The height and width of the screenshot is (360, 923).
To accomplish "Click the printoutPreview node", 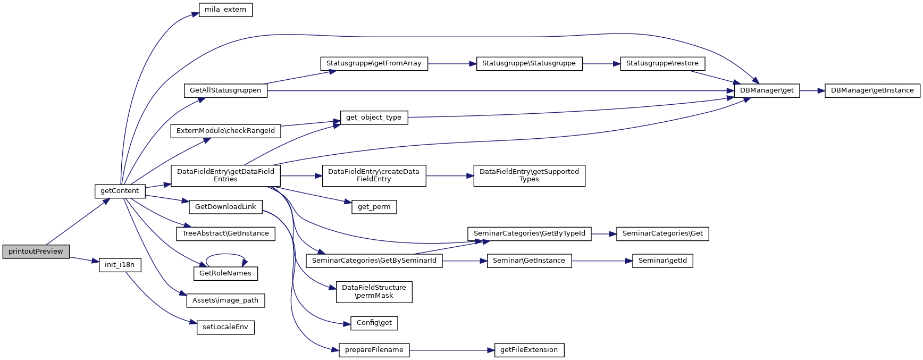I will point(36,252).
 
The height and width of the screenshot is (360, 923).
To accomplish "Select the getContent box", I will point(120,191).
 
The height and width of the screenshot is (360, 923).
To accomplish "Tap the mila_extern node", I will point(225,10).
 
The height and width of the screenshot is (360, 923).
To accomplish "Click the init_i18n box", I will point(120,265).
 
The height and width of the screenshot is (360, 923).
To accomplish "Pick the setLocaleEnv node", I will point(225,327).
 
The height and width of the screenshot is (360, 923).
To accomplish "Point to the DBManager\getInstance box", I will point(872,90).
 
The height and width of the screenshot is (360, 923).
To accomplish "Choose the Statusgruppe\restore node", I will point(662,63).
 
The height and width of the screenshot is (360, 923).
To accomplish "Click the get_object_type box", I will point(374,118).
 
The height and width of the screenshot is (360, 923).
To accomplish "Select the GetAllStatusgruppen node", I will point(225,90).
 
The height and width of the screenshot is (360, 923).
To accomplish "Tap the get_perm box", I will point(374,207).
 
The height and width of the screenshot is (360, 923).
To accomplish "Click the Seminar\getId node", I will point(662,261).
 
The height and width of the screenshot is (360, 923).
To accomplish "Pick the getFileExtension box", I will point(529,350).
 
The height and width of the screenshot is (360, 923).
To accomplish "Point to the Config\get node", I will point(374,323).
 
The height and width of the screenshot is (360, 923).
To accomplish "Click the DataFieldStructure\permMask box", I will point(374,292).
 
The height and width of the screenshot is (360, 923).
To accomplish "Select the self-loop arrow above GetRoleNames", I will point(225,255).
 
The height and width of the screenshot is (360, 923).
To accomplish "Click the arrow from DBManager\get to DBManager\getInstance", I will point(812,91).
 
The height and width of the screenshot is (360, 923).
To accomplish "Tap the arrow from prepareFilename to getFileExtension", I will point(452,350).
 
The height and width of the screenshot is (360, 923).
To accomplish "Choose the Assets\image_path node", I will point(225,300).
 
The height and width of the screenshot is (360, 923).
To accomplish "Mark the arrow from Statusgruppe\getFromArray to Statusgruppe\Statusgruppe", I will point(452,64).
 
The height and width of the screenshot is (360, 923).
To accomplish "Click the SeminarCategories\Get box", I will point(662,233).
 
